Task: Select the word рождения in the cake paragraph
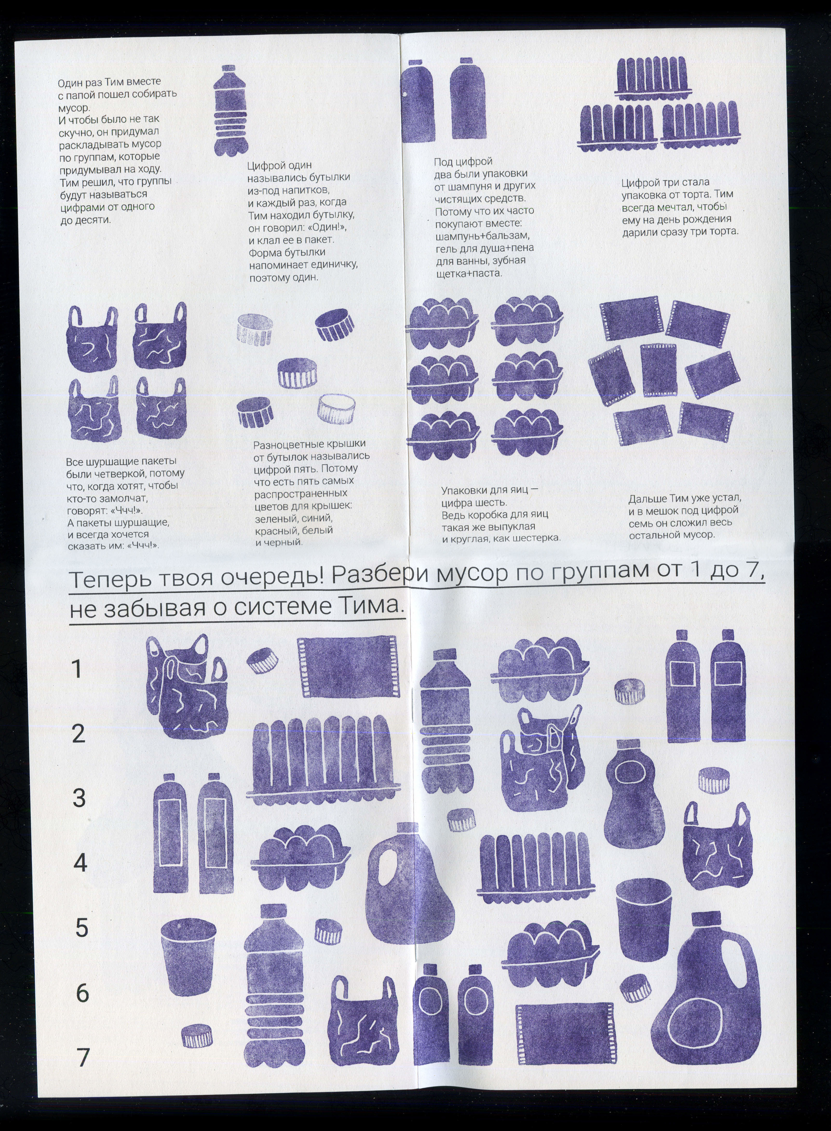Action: coord(710,219)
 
